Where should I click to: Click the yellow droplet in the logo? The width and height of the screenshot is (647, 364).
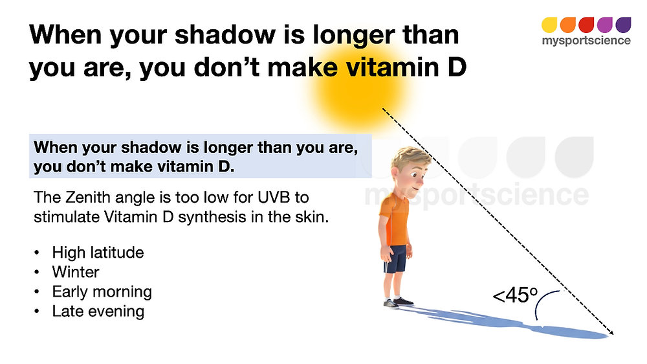pyautogui.click(x=549, y=25)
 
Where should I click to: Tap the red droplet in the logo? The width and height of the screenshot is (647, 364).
pyautogui.click(x=586, y=25)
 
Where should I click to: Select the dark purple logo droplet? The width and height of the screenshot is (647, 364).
pyautogui.click(x=624, y=25)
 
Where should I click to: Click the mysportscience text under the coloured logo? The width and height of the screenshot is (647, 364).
pyautogui.click(x=586, y=41)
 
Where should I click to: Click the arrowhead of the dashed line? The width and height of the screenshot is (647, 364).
pyautogui.click(x=611, y=332)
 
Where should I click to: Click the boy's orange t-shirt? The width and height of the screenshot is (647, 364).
pyautogui.click(x=395, y=221)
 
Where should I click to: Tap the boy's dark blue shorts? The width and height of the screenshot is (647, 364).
pyautogui.click(x=395, y=259)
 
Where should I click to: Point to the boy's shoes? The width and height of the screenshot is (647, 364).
pyautogui.click(x=398, y=302)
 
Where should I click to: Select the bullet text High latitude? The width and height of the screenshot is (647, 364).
pyautogui.click(x=98, y=253)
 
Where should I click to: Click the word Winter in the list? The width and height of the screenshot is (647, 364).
pyautogui.click(x=76, y=272)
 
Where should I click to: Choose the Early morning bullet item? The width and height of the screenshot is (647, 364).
pyautogui.click(x=102, y=292)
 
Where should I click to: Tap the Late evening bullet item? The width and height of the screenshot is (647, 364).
pyautogui.click(x=98, y=312)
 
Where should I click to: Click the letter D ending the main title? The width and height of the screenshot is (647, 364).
pyautogui.click(x=457, y=67)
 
